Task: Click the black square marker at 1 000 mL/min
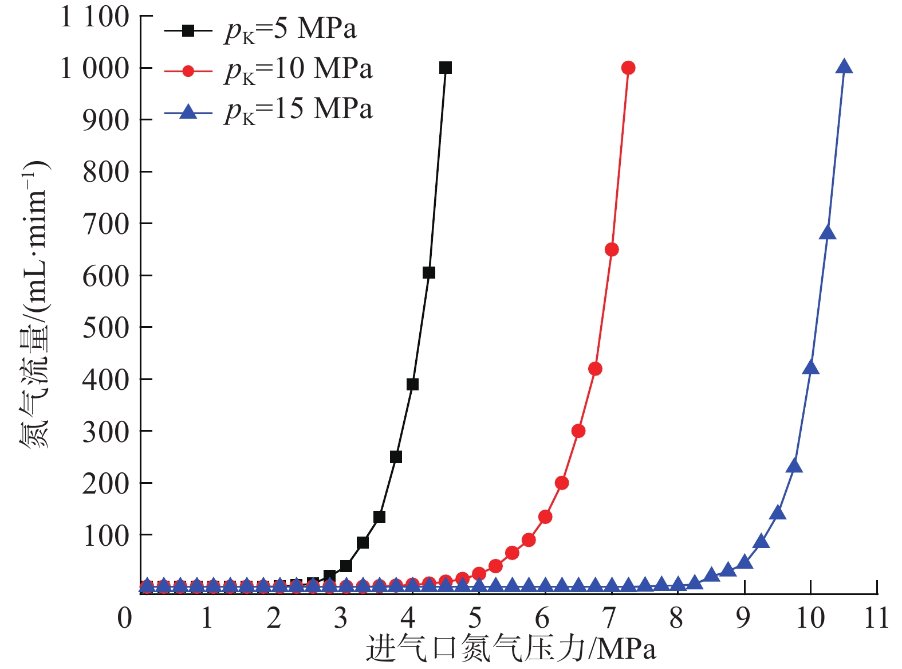(446, 68)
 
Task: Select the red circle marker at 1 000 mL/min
(628, 68)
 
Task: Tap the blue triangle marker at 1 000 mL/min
(844, 67)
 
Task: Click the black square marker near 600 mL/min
(429, 272)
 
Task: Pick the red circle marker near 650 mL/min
(612, 249)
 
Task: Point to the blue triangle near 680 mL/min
(828, 233)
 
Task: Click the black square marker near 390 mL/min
(412, 384)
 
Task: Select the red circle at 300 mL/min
(578, 431)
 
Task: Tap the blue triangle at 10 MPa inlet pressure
(811, 368)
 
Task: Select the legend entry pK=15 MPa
(298, 109)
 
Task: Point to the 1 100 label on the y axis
(95, 17)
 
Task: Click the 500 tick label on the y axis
(106, 328)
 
